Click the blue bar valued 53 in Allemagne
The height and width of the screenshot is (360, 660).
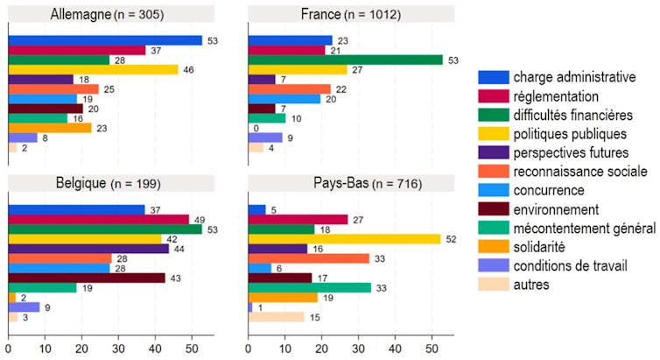coord(104,40)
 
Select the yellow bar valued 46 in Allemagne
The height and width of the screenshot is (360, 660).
coord(92,69)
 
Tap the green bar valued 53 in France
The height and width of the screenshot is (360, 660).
coord(345,60)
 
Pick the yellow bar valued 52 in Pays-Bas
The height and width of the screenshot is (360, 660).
coord(343,239)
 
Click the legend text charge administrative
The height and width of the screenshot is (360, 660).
coord(574,77)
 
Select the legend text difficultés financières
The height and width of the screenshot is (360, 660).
coord(572,115)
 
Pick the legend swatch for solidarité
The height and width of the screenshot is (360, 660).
coord(493,246)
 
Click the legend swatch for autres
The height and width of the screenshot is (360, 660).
coord(493,285)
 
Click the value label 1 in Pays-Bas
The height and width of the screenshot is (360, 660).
coord(259,307)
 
